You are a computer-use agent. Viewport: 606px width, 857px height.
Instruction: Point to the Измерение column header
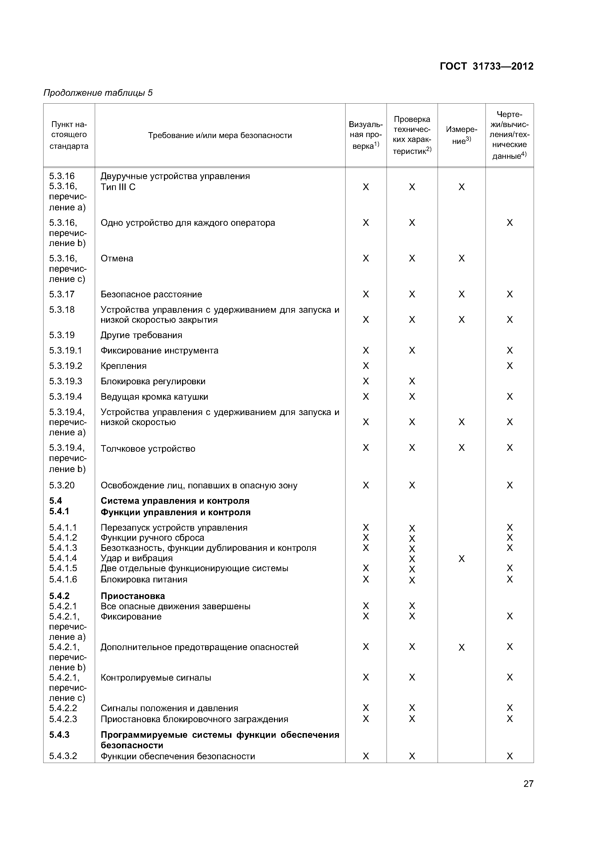tap(462, 135)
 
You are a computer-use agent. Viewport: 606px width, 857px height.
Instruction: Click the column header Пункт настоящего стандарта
tap(69, 135)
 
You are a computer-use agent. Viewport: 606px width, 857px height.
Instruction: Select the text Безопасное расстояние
tap(151, 294)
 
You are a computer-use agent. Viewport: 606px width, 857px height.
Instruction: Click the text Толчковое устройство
tap(148, 449)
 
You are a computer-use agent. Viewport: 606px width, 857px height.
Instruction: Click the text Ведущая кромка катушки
tap(154, 396)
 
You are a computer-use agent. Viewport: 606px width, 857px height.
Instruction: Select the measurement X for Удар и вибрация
tap(462, 559)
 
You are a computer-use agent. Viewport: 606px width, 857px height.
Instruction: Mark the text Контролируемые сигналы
tap(156, 677)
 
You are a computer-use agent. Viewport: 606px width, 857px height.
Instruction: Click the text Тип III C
tap(118, 187)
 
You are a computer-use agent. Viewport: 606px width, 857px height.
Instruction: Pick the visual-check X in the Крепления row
tap(366, 366)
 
